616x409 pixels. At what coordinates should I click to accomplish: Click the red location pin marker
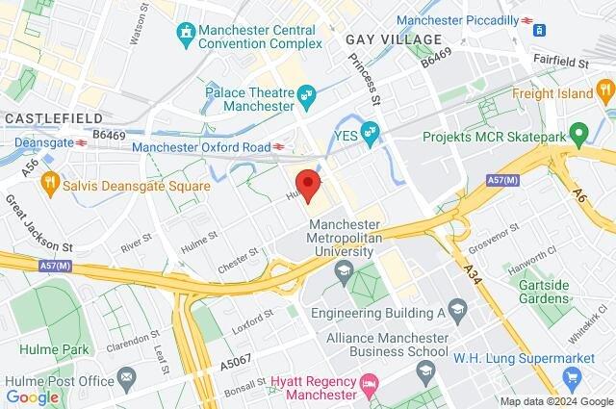coord(307,184)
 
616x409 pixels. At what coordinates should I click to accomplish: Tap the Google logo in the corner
coord(33,396)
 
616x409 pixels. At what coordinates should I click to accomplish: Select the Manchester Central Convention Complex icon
coord(186,35)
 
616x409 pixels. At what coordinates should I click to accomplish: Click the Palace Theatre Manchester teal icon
coord(307,94)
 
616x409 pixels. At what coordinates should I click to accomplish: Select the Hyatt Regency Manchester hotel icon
coord(369,389)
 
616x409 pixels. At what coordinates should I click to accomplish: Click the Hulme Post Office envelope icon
coord(124,373)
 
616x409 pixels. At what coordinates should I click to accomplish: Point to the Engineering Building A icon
coord(457,309)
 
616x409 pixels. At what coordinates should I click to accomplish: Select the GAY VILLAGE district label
coord(393,39)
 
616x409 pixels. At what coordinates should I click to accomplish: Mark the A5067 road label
coord(240,364)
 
